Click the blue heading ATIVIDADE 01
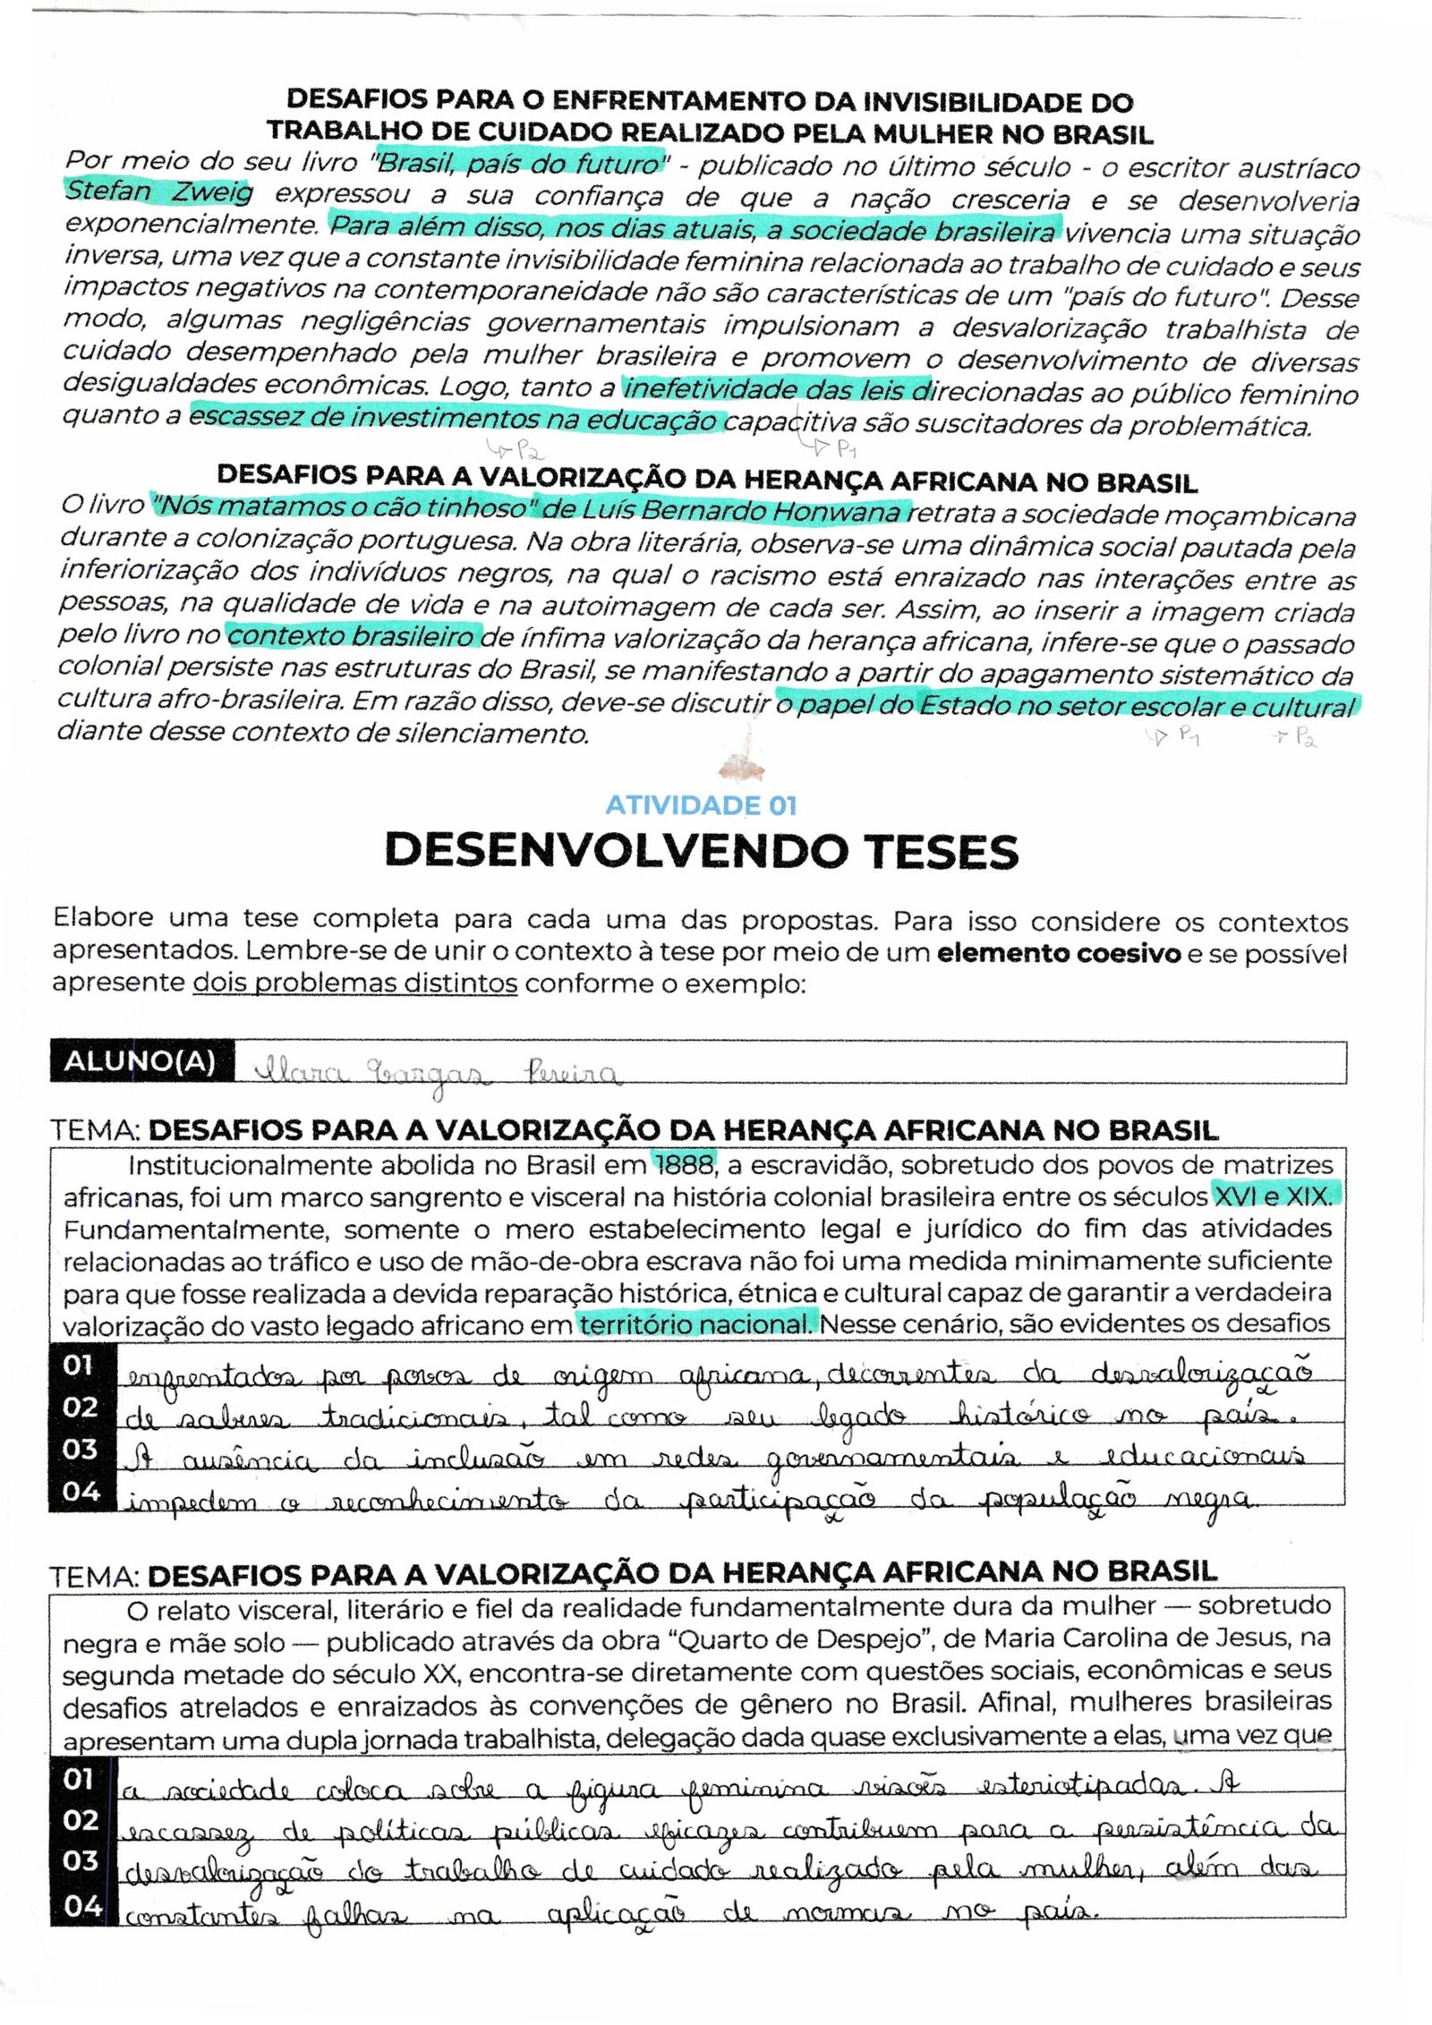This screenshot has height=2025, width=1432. tap(701, 805)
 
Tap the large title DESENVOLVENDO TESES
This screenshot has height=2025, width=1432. tap(701, 851)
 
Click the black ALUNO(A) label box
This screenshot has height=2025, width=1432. tap(141, 1062)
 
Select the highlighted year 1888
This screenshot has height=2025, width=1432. tap(685, 1164)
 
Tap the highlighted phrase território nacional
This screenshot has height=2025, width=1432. tap(696, 1323)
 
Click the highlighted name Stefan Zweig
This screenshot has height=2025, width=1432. tap(159, 191)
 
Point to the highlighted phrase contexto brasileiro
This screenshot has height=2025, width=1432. tap(353, 636)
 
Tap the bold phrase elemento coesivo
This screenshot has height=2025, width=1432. tap(1058, 953)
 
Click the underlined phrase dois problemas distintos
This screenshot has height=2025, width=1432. tap(355, 983)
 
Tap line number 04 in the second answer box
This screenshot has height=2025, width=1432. tap(82, 1906)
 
